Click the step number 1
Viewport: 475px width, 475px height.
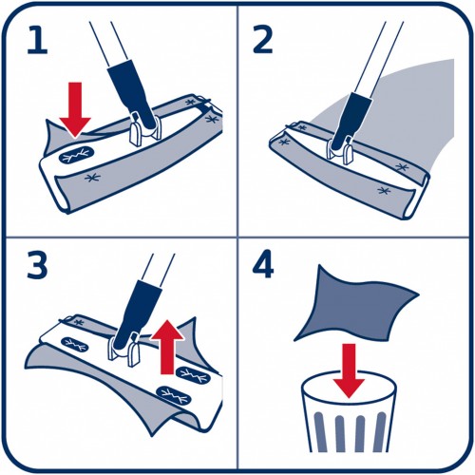37,40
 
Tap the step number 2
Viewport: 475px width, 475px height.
262,39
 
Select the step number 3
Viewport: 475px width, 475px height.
37,265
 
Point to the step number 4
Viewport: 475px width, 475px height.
263,264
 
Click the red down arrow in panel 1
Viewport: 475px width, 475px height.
75,109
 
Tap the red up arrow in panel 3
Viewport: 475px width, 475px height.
167,347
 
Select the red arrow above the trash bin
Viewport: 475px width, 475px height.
349,370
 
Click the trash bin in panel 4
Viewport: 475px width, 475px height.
349,411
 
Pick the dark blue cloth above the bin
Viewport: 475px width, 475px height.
355,303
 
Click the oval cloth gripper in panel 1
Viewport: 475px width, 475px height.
76,155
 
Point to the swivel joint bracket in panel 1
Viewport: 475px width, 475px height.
145,129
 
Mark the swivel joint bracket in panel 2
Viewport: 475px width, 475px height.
340,150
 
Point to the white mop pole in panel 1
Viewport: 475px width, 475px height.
108,44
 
